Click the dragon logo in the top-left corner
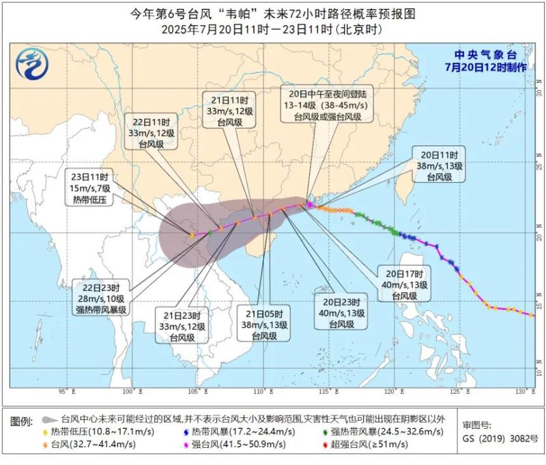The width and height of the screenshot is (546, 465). pos(31,66)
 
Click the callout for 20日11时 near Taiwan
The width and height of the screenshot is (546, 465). pos(439,165)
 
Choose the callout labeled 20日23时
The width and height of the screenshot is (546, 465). pos(339,310)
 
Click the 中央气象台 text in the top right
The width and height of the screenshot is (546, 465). pos(485,54)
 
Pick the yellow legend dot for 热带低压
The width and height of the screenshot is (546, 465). pos(45,432)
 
